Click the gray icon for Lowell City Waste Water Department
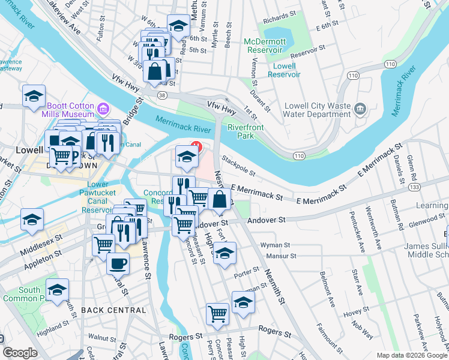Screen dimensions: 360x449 point(360,109)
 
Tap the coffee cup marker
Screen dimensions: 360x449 point(118,262)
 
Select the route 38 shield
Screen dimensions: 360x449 point(163,95)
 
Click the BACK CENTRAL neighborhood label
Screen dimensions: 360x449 point(113,310)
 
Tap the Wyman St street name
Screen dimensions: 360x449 point(275,245)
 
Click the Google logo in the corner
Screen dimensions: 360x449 point(20,353)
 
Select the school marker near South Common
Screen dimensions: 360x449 point(57,290)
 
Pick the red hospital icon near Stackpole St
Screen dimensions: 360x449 point(196,145)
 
